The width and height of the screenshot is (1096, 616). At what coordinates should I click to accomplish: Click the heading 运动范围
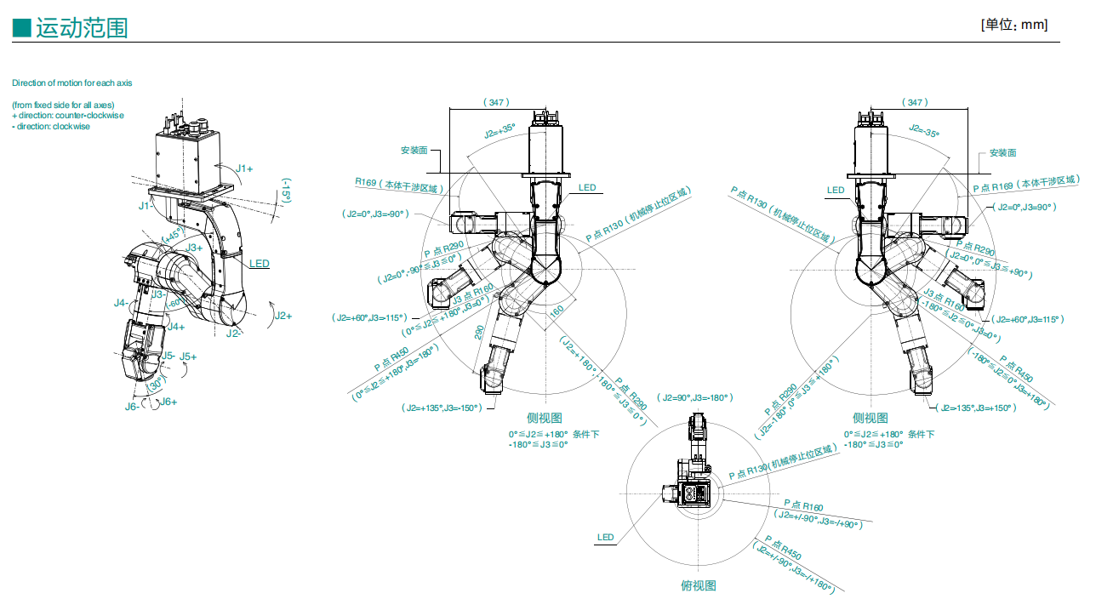tap(82, 28)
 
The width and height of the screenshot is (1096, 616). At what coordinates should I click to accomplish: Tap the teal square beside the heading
tap(22, 28)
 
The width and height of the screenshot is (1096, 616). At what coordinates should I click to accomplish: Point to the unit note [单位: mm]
tap(1013, 25)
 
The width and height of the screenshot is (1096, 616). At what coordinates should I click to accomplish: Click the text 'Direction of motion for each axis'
tap(71, 83)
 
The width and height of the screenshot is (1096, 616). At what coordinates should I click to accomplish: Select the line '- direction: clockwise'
tap(51, 126)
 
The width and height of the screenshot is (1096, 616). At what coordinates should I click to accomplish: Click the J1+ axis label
tap(244, 168)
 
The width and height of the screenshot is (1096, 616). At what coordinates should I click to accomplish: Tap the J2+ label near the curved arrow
tap(283, 316)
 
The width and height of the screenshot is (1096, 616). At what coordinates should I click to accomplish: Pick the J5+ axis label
tap(188, 356)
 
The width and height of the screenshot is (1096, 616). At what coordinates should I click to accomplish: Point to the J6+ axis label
tap(168, 402)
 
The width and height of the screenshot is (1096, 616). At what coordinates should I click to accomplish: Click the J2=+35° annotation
tap(499, 132)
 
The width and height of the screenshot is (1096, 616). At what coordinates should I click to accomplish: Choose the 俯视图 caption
tap(699, 585)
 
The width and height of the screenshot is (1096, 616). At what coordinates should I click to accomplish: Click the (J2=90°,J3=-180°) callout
tap(697, 397)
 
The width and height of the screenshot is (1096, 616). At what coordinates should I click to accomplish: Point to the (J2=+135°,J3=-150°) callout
tap(442, 408)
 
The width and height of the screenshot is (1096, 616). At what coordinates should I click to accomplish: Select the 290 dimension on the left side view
tap(480, 332)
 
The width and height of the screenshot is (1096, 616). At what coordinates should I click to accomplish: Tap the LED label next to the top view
tap(605, 537)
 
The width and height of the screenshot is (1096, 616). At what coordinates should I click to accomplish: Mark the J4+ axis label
tap(176, 326)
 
